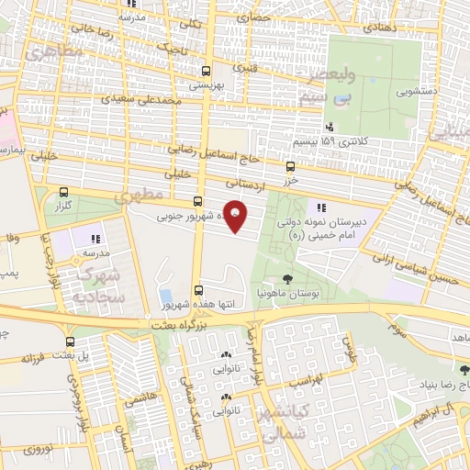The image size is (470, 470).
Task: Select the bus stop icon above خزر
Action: [x=291, y=167]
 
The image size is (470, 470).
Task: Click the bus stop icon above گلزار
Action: [x=62, y=193]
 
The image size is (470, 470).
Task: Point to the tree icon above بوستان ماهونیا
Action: [x=289, y=278]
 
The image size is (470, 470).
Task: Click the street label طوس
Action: [x=347, y=347]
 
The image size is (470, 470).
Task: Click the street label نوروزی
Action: [x=39, y=451]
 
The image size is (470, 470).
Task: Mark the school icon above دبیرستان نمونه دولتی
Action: [x=320, y=207]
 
